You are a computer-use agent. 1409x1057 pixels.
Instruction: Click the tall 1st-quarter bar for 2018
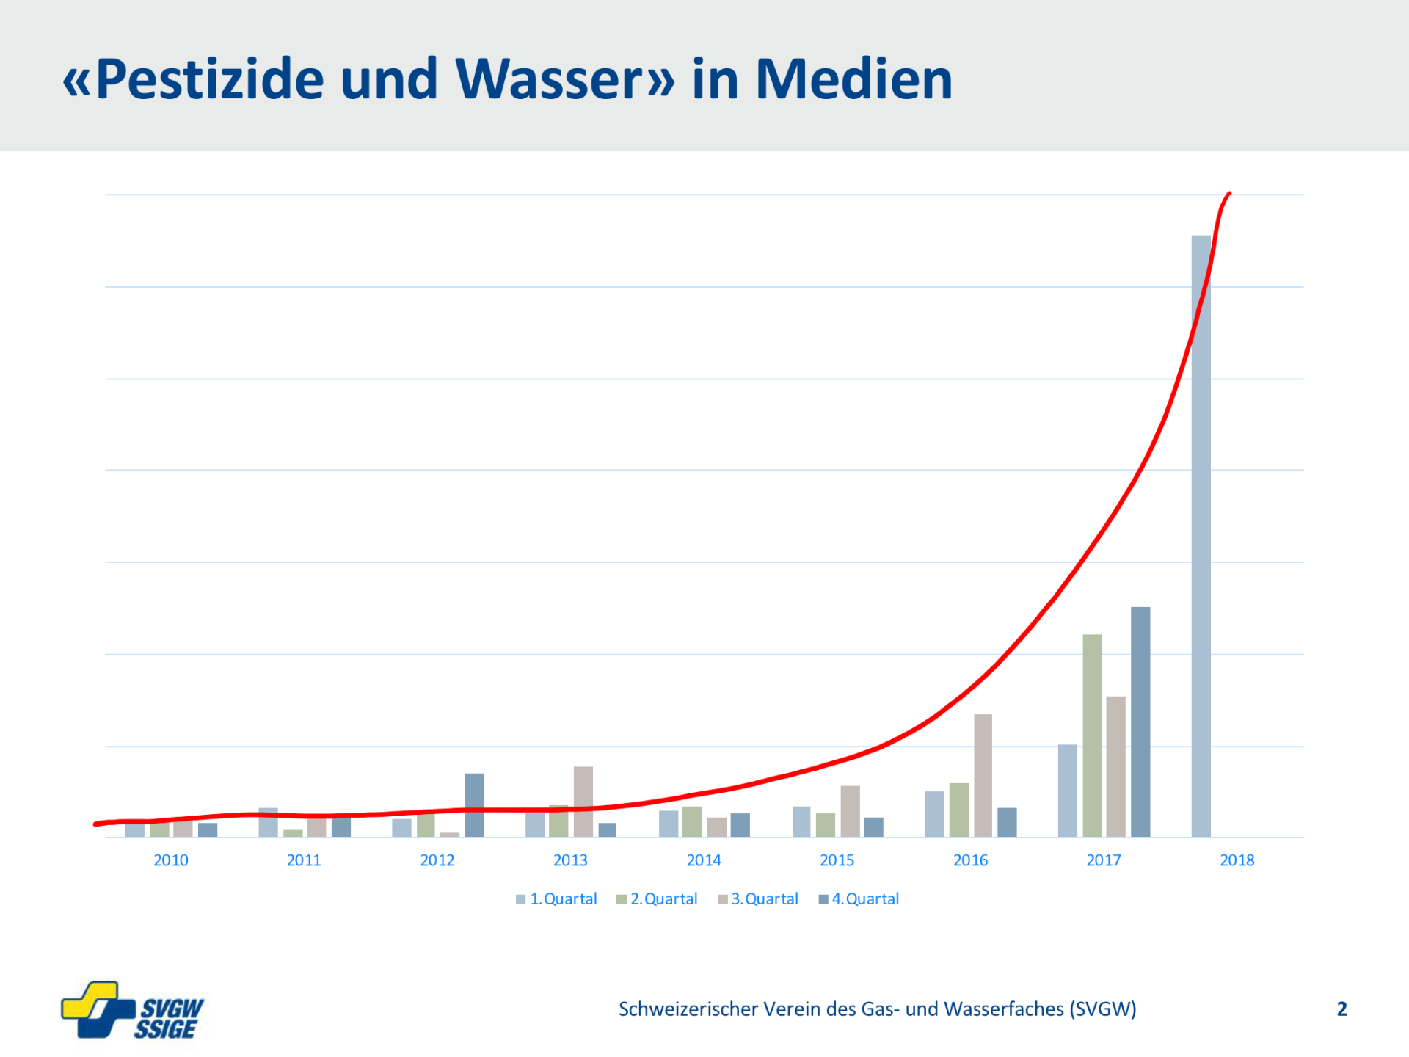tap(1201, 536)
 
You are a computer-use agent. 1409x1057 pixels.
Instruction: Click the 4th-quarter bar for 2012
tap(475, 805)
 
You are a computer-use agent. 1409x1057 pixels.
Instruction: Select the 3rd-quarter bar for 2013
tap(583, 802)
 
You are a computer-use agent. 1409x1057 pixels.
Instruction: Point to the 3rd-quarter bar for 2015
tap(850, 811)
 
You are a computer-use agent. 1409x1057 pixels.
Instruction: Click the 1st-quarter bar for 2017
tap(1068, 791)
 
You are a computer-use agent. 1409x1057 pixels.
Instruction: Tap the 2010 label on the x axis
tap(170, 860)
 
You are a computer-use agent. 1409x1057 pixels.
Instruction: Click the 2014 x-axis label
tap(704, 860)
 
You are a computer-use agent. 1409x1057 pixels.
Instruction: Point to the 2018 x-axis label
tap(1237, 860)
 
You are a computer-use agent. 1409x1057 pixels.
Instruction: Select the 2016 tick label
tap(970, 860)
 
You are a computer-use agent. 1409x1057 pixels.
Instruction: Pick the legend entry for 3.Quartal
tap(758, 899)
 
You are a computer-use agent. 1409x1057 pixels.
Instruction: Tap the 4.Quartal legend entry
tap(859, 899)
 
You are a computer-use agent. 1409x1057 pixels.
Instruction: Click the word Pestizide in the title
tap(209, 79)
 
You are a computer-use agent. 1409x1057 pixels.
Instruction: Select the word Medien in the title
tap(853, 79)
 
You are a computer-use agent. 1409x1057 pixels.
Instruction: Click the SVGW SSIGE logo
tap(132, 1011)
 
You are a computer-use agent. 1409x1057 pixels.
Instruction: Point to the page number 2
tap(1341, 1009)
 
